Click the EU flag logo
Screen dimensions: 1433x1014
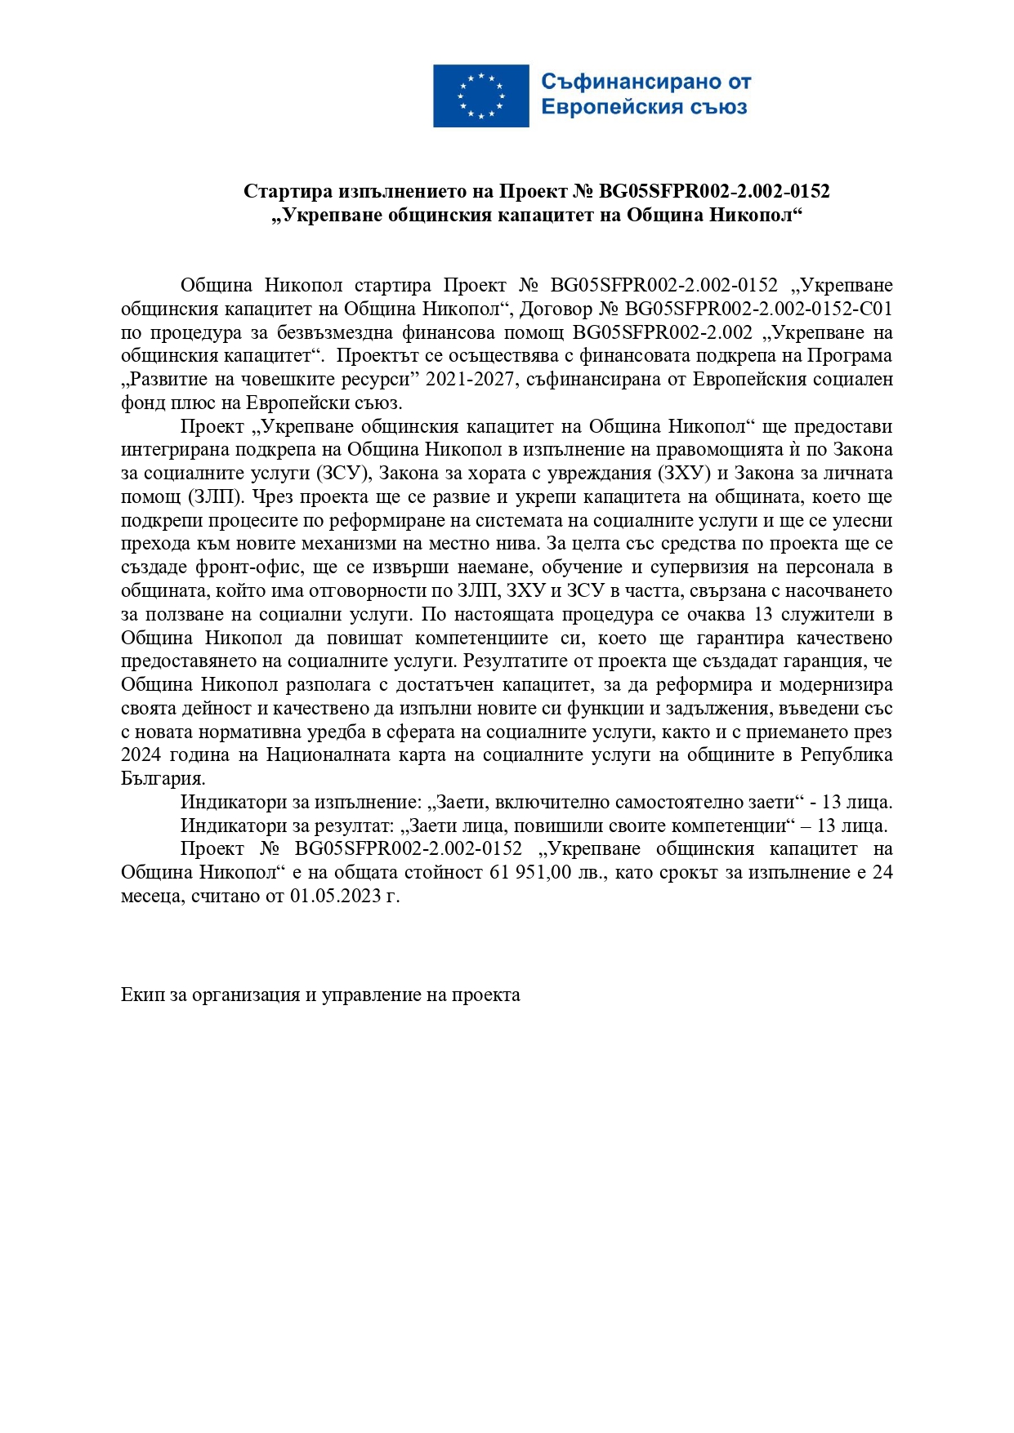pyautogui.click(x=480, y=96)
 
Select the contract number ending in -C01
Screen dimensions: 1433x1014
pyautogui.click(x=758, y=309)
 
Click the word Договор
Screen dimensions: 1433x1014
pyautogui.click(x=556, y=309)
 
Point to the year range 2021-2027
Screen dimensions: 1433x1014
pyautogui.click(x=471, y=380)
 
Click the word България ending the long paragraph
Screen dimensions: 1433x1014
pyautogui.click(x=162, y=779)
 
